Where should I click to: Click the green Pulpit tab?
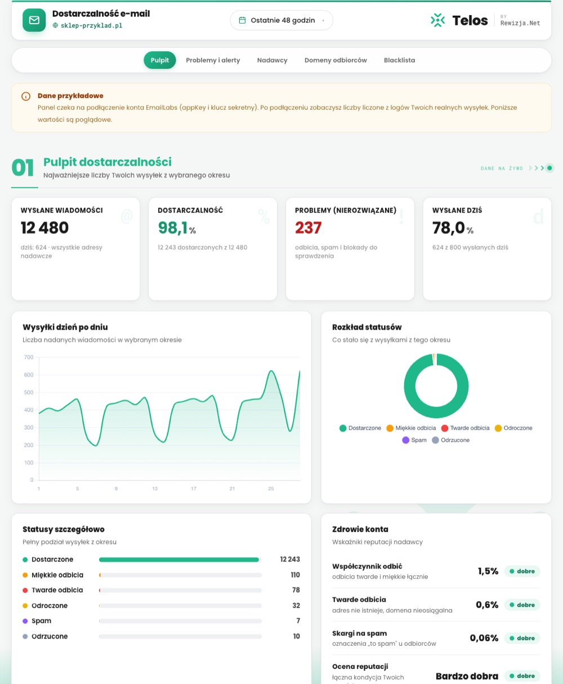160,60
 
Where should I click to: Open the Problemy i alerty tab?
213,60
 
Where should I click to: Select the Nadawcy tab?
272,60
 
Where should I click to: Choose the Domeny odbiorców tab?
336,60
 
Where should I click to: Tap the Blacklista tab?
399,60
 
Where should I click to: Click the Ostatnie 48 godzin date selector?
281,20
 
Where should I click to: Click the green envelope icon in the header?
34,20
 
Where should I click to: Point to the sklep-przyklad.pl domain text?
91,25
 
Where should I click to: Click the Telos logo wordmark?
470,21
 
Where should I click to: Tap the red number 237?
309,228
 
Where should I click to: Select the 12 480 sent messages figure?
44,228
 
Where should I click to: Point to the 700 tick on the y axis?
29,357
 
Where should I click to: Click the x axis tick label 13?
155,488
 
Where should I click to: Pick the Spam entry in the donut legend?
414,440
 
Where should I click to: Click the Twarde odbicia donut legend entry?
465,428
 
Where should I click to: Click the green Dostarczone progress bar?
179,559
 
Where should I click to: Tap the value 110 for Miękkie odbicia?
295,575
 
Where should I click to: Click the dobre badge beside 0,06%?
522,638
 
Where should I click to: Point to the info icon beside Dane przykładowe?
26,96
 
